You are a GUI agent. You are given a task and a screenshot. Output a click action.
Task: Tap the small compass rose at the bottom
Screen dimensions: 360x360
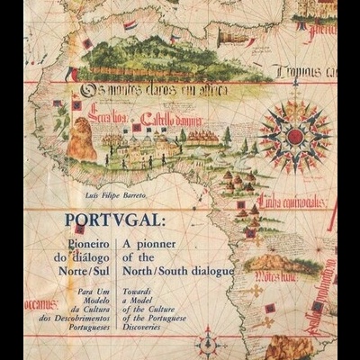point(208,346)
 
